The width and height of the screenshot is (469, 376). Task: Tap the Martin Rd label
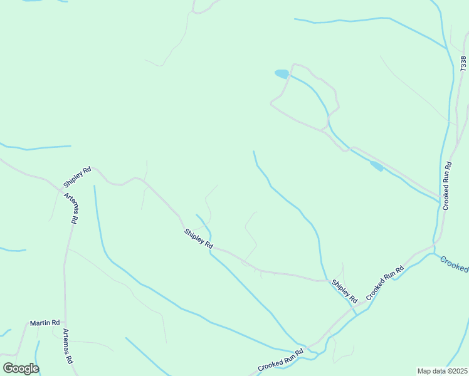coord(45,323)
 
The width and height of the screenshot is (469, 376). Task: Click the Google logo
coord(21,368)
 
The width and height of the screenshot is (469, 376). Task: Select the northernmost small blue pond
coord(282,74)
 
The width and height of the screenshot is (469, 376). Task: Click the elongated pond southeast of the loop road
coord(376,165)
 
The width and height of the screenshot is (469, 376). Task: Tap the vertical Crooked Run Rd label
coord(447,187)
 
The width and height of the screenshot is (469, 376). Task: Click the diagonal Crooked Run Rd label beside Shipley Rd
coord(385,282)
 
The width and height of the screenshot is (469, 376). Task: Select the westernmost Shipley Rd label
coord(78,177)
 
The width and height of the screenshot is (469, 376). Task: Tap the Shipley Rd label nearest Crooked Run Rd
coord(344,289)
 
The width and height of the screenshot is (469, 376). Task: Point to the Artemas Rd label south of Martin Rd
coord(67,347)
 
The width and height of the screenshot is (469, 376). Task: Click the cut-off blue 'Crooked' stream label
coord(453,264)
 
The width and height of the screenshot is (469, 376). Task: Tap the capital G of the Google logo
coord(8,368)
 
